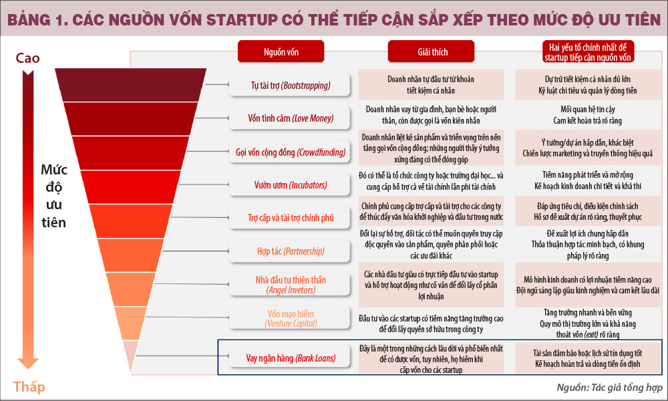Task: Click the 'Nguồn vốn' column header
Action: point(281,52)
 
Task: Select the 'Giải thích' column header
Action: point(431,52)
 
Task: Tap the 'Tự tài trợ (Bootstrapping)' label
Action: point(290,86)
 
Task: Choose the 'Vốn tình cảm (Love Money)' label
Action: point(290,118)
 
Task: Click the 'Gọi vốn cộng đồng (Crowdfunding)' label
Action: point(290,152)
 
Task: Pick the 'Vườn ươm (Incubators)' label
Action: point(290,185)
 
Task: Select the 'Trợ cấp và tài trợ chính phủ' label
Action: point(290,218)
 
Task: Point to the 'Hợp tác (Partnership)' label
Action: point(290,251)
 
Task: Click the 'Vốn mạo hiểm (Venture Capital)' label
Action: point(290,318)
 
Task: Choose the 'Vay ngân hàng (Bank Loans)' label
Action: point(290,358)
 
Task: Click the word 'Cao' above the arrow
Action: point(27,58)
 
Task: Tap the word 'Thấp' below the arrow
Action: point(29,386)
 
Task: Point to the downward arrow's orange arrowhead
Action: point(28,363)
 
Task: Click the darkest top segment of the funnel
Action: point(130,85)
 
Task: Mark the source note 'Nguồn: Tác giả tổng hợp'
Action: point(609,388)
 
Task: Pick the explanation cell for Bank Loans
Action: point(431,359)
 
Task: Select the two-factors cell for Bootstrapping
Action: point(587,84)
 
